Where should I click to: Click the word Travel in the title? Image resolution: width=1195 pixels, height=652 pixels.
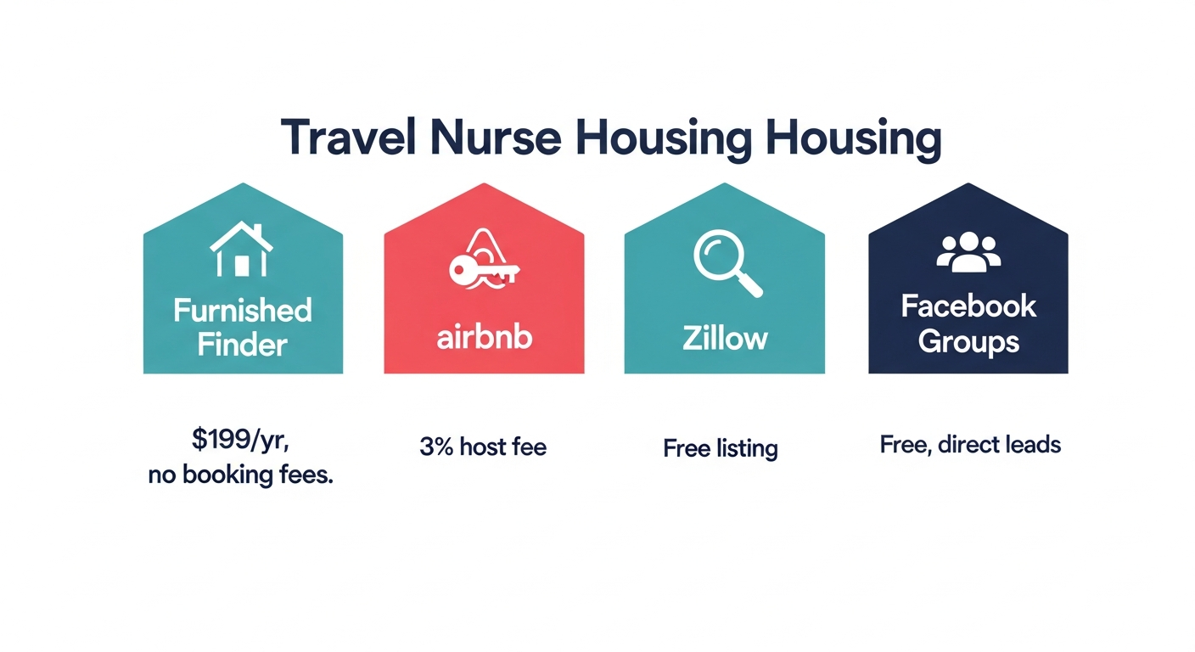point(348,138)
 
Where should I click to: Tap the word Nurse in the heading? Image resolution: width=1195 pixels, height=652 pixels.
point(497,138)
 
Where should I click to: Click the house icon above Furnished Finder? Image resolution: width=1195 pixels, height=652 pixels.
point(242,249)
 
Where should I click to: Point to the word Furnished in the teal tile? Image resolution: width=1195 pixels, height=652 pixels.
point(243,310)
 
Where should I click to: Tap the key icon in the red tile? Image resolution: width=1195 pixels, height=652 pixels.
point(484,269)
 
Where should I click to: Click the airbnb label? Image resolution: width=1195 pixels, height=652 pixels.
point(485,337)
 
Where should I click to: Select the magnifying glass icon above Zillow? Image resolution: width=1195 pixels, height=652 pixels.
point(727,262)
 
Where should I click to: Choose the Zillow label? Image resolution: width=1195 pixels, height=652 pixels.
point(725,338)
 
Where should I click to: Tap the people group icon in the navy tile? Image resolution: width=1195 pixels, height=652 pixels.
point(968,252)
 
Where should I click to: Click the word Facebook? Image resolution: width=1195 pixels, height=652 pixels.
point(968,306)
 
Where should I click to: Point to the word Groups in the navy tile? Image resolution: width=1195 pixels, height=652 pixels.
point(968,342)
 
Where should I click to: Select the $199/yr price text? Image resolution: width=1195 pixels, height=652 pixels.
point(240,440)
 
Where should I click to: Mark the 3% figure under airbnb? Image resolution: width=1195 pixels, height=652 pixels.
point(436,447)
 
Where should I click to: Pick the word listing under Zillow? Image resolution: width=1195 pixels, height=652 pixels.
point(747,449)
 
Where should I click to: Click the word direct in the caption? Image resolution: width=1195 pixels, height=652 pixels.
point(968,445)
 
